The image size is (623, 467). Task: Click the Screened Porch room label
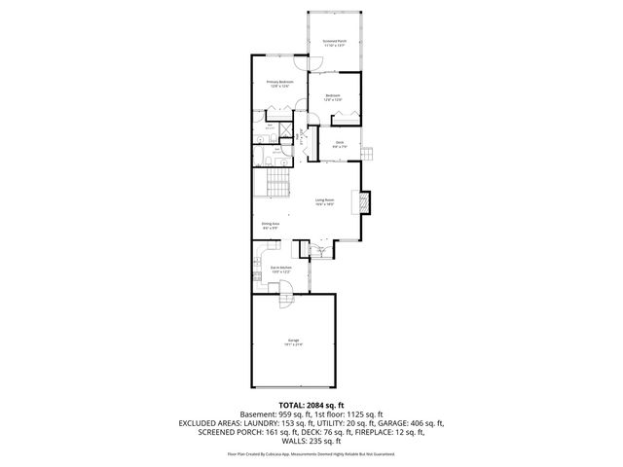[x=334, y=42]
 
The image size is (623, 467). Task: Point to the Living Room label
[x=325, y=202]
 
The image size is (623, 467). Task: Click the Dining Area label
[x=271, y=226]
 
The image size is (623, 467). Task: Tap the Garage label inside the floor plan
[x=293, y=342]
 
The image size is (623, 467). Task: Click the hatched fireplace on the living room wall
[x=365, y=202]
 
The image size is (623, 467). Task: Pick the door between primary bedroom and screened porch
[x=316, y=64]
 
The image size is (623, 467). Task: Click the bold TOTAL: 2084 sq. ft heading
[x=311, y=405]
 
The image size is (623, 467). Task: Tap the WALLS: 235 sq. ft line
[x=311, y=443]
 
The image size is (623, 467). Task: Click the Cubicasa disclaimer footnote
[x=311, y=453]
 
